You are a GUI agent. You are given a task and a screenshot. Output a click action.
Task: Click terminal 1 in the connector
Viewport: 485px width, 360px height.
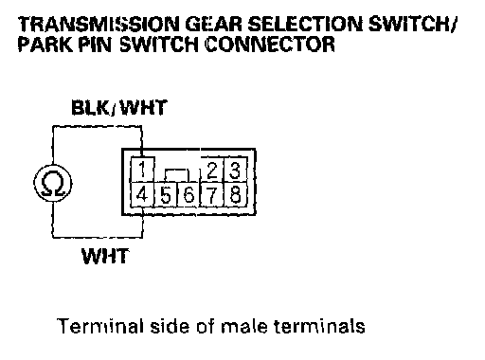pyautogui.click(x=142, y=170)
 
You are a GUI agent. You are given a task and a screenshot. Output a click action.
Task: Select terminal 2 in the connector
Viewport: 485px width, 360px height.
pyautogui.click(x=212, y=170)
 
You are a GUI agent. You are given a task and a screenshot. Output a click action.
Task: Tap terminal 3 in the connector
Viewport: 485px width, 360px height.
pyautogui.click(x=235, y=170)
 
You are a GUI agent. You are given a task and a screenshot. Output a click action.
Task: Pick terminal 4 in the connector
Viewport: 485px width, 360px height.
pyautogui.click(x=142, y=194)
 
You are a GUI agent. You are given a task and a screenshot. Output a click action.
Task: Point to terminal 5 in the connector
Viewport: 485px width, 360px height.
pyautogui.click(x=166, y=194)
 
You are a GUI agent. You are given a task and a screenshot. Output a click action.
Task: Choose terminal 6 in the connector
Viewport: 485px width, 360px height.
pyautogui.click(x=189, y=194)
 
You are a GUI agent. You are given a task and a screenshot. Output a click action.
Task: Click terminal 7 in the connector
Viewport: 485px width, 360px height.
pyautogui.click(x=212, y=194)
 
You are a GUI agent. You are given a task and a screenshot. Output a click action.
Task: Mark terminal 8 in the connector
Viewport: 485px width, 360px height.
pyautogui.click(x=235, y=194)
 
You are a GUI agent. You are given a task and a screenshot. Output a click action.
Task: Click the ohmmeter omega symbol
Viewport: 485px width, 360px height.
pyautogui.click(x=53, y=183)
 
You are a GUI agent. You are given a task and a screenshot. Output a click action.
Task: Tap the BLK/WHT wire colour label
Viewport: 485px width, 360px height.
pyautogui.click(x=118, y=108)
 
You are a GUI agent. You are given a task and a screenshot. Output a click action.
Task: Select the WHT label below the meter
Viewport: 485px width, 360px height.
pyautogui.click(x=105, y=256)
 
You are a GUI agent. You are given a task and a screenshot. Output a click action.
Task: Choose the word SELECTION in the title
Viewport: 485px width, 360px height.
pyautogui.click(x=305, y=25)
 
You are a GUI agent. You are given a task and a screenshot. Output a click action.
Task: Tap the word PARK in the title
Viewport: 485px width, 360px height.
pyautogui.click(x=45, y=45)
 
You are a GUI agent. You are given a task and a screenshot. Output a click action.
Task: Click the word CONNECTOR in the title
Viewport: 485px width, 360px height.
pyautogui.click(x=270, y=45)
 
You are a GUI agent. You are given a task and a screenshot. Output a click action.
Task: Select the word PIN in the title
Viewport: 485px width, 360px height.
pyautogui.click(x=96, y=45)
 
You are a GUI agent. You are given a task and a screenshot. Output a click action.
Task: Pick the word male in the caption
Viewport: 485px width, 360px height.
pyautogui.click(x=244, y=326)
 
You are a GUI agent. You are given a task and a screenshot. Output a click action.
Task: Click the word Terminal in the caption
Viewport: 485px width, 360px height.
pyautogui.click(x=100, y=326)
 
